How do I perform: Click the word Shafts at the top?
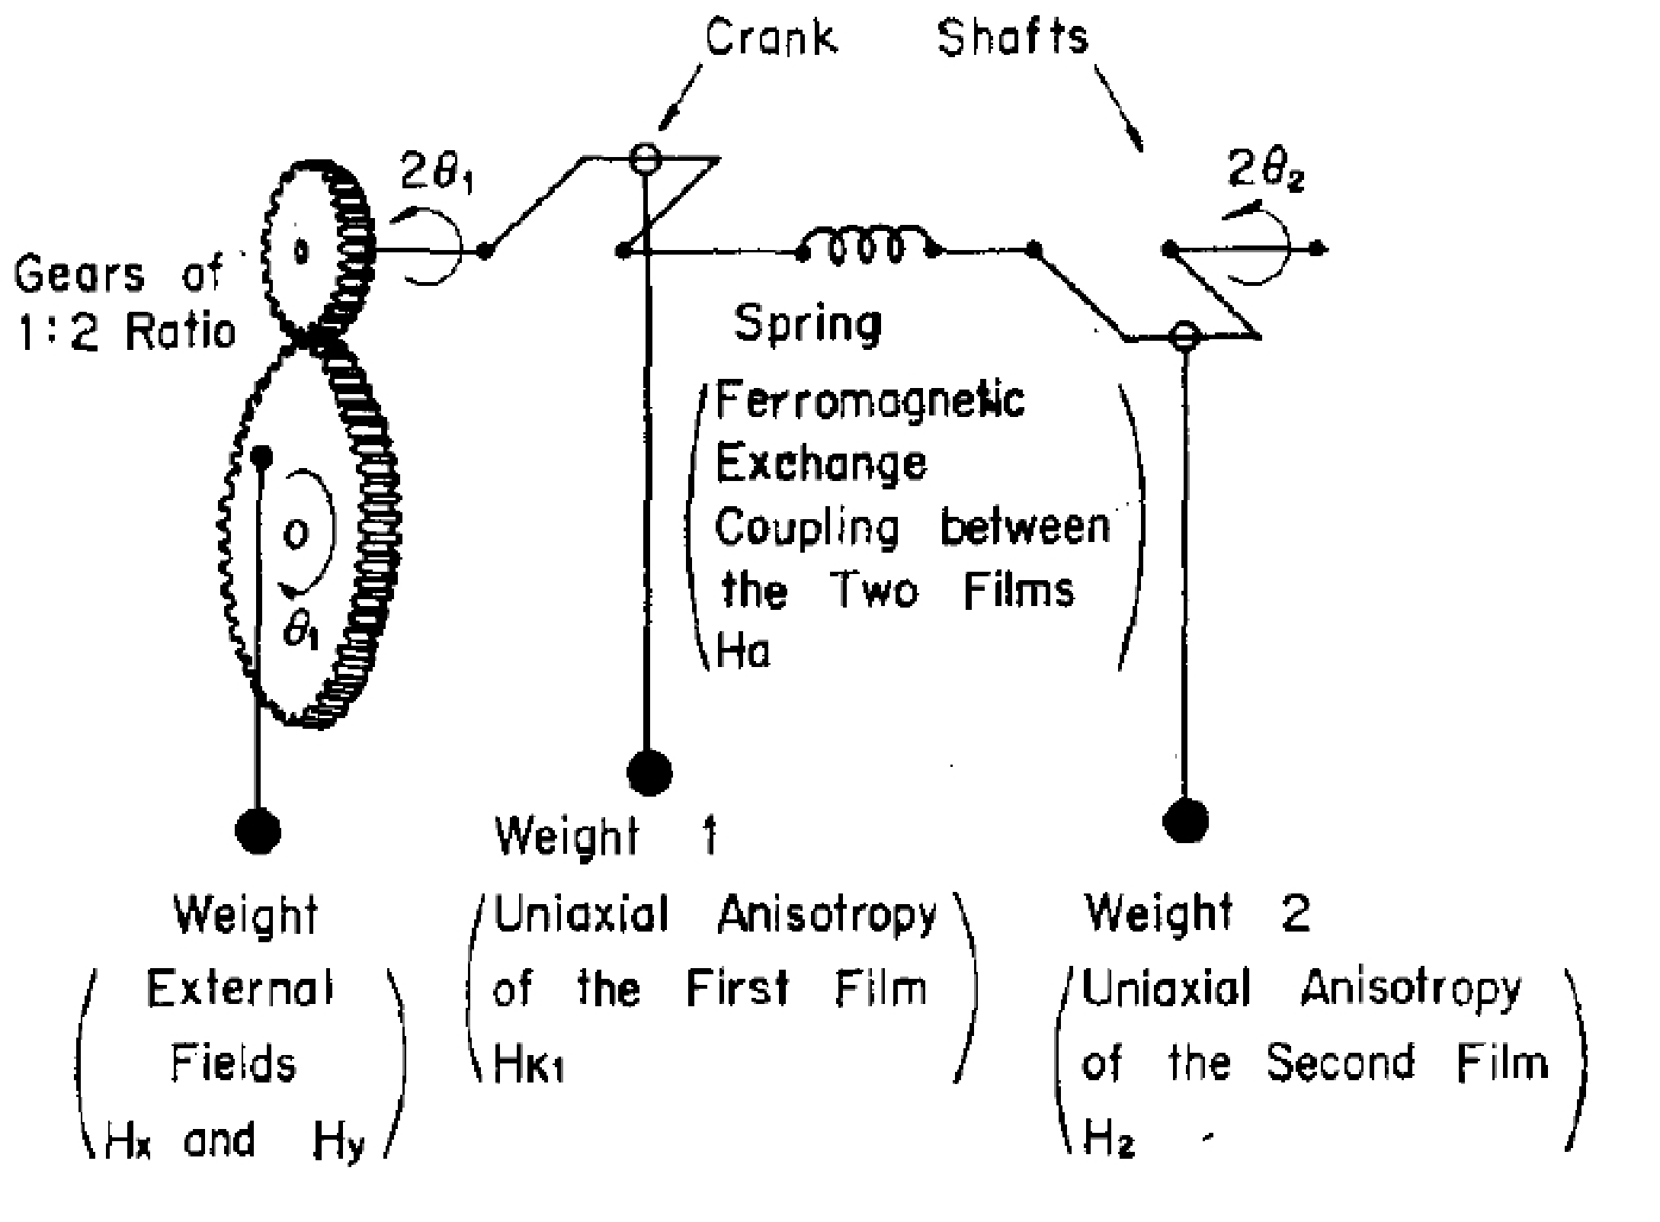[x=1012, y=37]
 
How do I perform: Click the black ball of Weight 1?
[x=649, y=772]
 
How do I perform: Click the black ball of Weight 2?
[x=1185, y=821]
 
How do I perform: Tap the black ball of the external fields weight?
[x=258, y=831]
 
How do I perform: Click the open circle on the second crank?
[x=1184, y=335]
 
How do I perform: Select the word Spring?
[x=807, y=324]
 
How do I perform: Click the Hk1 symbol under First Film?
[x=527, y=1064]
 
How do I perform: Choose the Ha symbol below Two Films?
[x=743, y=652]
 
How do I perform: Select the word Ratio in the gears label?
[x=181, y=332]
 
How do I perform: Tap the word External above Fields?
[x=239, y=989]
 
